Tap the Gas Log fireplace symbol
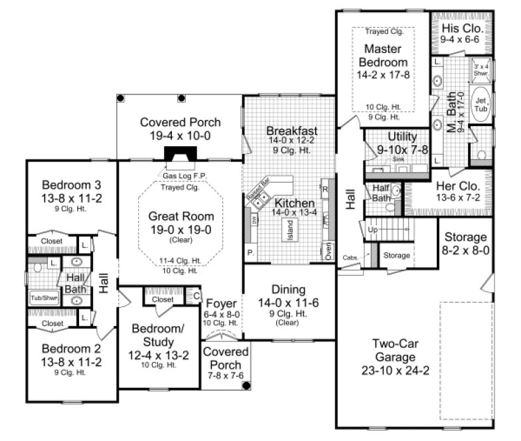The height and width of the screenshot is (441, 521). click(177, 154)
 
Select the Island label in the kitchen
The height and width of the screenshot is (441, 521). click(289, 230)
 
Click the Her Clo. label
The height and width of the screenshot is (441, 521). click(453, 185)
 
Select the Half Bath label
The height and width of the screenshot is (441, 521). click(381, 193)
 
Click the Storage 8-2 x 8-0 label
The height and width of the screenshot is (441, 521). click(465, 237)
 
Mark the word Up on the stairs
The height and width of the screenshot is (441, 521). click(372, 229)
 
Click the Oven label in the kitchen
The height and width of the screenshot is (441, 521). click(328, 251)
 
